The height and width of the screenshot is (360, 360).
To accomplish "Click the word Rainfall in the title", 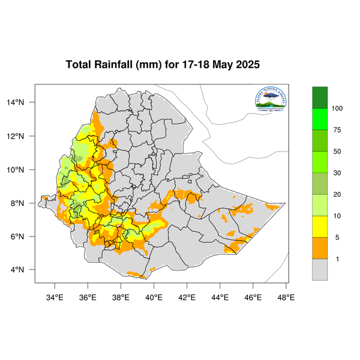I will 119,64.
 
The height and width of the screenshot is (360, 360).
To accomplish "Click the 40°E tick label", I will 154,295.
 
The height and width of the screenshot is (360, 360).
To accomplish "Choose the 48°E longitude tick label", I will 286,295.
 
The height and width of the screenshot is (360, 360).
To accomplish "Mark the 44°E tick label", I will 220,295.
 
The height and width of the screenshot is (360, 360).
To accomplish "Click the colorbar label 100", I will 337,109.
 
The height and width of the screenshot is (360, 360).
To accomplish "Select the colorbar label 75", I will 337,130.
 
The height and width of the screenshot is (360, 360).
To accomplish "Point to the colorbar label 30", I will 337,173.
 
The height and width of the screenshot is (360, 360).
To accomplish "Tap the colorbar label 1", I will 337,259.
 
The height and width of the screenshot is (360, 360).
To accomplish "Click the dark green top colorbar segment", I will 320,97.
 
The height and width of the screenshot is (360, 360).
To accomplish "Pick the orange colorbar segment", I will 320,248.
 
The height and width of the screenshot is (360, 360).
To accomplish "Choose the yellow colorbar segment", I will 320,227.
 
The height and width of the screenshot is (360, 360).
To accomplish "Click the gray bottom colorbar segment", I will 320,270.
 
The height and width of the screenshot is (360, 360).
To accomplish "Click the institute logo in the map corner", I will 271,101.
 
